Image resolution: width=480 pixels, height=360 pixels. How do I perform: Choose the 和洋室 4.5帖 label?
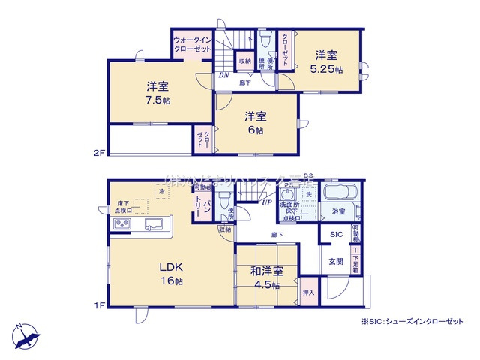267,277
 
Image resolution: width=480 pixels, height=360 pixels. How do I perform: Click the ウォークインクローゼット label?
192,44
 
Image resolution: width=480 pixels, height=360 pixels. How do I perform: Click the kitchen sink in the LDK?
155,225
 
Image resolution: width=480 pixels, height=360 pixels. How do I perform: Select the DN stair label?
223,76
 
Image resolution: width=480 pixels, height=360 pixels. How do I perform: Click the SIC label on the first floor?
336,235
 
